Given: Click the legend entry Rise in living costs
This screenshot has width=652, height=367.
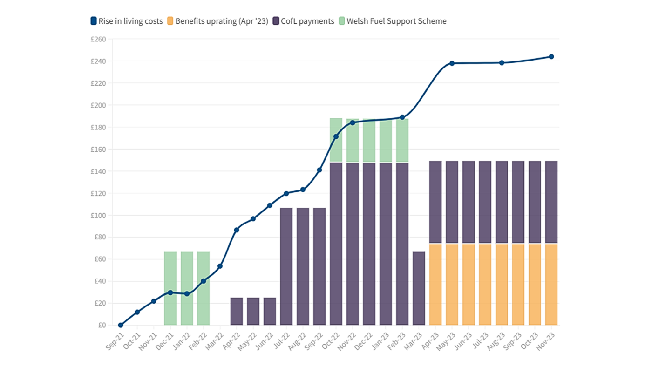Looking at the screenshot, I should tap(126, 21).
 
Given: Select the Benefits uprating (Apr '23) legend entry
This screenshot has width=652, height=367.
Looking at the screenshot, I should tap(217, 21).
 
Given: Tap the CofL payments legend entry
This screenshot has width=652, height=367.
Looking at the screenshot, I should tap(303, 21).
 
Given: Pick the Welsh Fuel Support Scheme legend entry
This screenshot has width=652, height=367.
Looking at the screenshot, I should tap(392, 21).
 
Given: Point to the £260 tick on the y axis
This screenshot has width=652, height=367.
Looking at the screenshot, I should tap(98, 39).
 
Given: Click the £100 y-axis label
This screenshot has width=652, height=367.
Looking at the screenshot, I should tap(98, 215).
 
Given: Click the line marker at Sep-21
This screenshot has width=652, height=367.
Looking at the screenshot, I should tap(121, 325).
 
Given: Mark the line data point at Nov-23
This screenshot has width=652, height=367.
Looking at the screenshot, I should tap(551, 57).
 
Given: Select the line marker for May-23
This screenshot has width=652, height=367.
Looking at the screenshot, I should tap(452, 63).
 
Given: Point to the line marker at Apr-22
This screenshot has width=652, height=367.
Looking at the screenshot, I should tap(237, 230).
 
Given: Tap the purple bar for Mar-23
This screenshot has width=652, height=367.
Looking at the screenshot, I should tap(419, 288).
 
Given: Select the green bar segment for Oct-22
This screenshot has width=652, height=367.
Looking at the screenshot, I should tap(336, 140).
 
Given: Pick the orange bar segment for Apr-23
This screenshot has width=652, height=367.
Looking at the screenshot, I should tap(435, 284).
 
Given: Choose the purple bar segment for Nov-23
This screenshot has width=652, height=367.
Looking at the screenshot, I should tap(551, 202).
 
